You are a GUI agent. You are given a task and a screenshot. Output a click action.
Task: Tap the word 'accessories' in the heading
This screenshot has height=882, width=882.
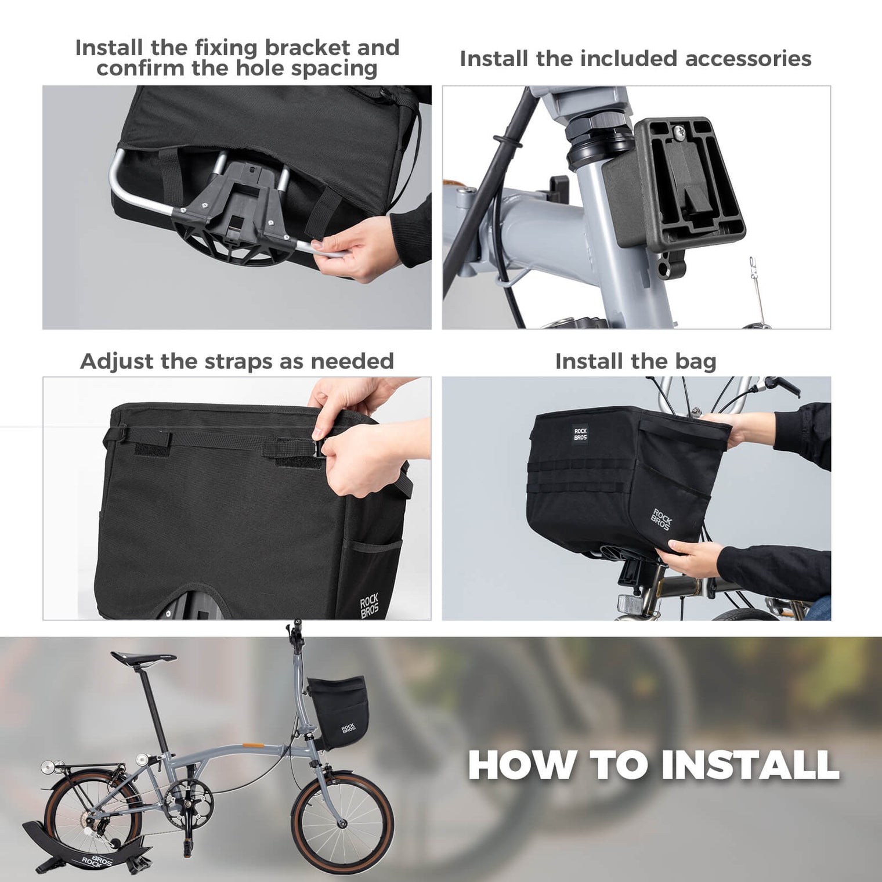[x=748, y=59]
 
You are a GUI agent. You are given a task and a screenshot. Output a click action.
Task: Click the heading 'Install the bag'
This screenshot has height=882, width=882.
[x=635, y=362]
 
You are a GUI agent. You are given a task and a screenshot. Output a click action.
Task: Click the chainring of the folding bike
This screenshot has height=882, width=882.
[x=189, y=803]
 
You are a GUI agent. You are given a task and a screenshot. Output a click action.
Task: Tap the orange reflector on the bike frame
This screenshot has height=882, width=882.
[x=251, y=745]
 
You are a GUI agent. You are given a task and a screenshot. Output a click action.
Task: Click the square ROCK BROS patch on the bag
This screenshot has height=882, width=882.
[x=580, y=433]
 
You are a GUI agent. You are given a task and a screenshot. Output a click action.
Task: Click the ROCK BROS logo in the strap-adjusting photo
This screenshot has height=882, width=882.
[x=369, y=605]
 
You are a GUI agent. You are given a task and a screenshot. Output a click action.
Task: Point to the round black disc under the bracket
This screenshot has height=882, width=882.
[x=232, y=244]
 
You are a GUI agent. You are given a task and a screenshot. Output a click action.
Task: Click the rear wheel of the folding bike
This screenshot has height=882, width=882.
[x=93, y=812]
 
